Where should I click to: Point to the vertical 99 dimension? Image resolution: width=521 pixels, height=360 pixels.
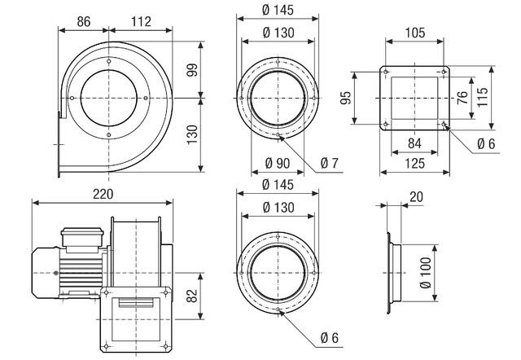point(192,71)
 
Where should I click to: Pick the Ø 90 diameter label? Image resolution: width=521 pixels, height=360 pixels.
point(278,163)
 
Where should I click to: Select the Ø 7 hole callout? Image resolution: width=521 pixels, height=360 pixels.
point(329,163)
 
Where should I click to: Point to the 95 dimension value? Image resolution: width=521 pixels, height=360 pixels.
point(345,99)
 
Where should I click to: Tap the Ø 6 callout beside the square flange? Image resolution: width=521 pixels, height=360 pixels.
point(486,143)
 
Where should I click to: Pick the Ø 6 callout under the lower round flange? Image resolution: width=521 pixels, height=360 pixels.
point(329,338)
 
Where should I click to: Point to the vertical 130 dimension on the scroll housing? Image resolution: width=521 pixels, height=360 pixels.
point(192,134)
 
